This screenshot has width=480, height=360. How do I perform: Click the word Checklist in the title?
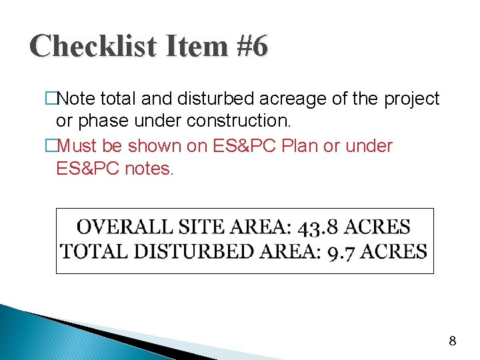tap(84, 47)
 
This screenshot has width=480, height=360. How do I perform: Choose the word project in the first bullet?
tap(411, 99)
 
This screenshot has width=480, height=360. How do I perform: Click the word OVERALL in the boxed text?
tap(125, 227)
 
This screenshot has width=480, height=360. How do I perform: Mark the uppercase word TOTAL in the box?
tap(90, 252)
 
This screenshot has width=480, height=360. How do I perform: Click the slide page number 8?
tap(453, 341)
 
